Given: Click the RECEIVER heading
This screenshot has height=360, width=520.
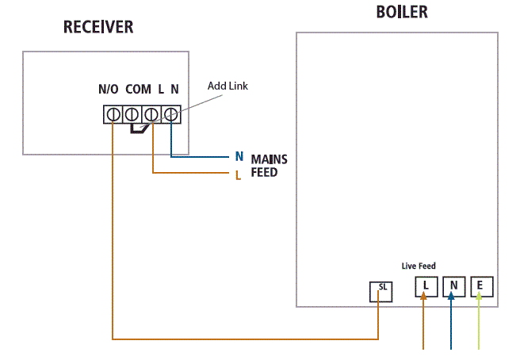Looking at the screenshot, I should pyautogui.click(x=98, y=28).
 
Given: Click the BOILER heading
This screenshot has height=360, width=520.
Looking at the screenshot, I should pyautogui.click(x=402, y=13).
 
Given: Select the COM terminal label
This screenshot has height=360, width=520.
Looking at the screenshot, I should pyautogui.click(x=138, y=90).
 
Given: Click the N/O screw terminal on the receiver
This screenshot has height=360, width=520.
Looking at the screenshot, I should pyautogui.click(x=113, y=114).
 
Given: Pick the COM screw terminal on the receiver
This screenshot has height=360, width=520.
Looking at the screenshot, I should pyautogui.click(x=132, y=114).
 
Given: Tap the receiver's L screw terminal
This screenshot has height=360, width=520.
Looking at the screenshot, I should pyautogui.click(x=151, y=114).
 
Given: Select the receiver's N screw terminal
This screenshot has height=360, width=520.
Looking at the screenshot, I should pyautogui.click(x=170, y=114).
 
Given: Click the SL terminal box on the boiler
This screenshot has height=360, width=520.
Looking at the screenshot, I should pyautogui.click(x=381, y=291).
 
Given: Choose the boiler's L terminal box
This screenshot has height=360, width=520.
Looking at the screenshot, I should pyautogui.click(x=426, y=286).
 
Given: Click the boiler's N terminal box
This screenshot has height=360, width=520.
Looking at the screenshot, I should pyautogui.click(x=453, y=286).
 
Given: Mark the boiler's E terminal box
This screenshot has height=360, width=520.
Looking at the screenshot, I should pyautogui.click(x=480, y=286).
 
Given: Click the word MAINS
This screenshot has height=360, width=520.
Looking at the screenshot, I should pyautogui.click(x=269, y=159).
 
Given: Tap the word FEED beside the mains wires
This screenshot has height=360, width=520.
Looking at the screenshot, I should pyautogui.click(x=264, y=172).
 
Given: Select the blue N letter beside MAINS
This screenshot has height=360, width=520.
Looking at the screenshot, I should pyautogui.click(x=239, y=157).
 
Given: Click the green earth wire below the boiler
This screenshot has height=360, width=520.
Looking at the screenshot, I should pyautogui.click(x=479, y=325).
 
